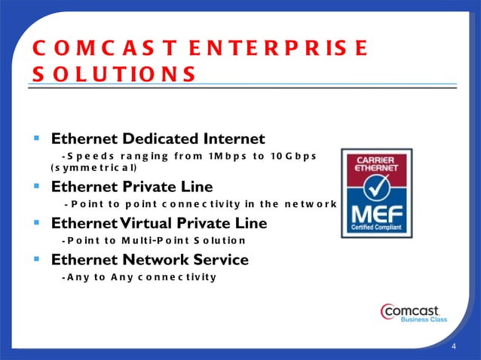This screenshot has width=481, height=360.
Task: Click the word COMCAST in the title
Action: click(98, 49)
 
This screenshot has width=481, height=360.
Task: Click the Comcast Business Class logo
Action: click(414, 313)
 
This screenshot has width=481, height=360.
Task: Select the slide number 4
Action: click(454, 346)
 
